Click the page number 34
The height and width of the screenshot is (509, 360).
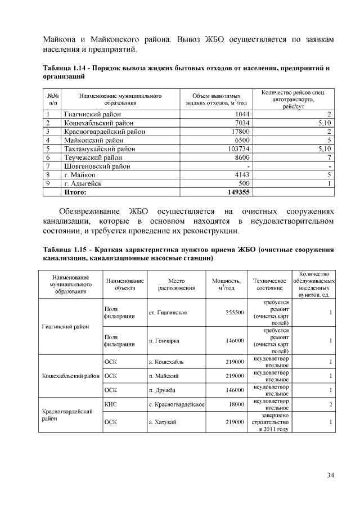[x=331, y=476]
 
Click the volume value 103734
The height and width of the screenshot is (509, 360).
[x=237, y=149]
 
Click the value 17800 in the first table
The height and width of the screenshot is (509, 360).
[x=240, y=132]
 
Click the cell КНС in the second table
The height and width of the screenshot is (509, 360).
[x=110, y=404]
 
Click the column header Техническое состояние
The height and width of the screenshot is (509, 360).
[x=270, y=283]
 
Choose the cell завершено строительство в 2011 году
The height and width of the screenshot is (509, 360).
[x=271, y=422]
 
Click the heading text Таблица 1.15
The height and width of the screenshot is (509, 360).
[x=64, y=249]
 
